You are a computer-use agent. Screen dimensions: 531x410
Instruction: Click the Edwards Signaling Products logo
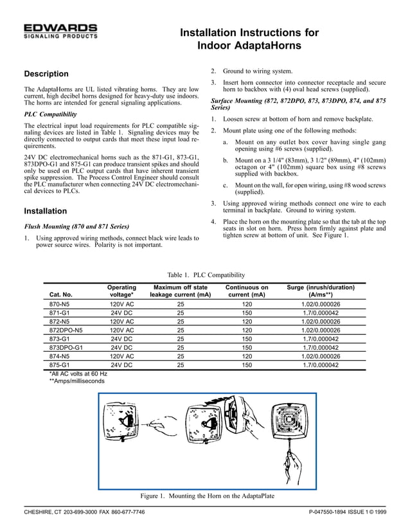pyautogui.click(x=60, y=32)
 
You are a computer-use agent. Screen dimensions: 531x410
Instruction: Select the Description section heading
pyautogui.click(x=46, y=74)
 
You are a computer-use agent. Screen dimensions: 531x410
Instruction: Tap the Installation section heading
pyautogui.click(x=45, y=211)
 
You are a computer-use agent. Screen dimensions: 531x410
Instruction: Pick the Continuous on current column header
pyautogui.click(x=247, y=291)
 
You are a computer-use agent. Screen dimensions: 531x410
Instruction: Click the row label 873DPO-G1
pyautogui.click(x=66, y=347)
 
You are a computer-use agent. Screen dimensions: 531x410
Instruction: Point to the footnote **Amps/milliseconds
pyautogui.click(x=77, y=381)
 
